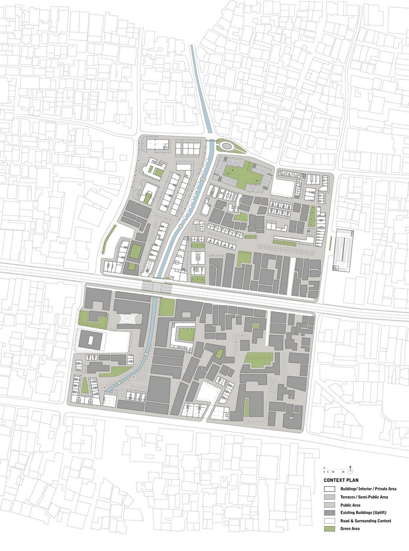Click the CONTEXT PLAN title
[x=341, y=480]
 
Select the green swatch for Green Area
[x=329, y=529]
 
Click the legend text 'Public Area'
[x=350, y=505]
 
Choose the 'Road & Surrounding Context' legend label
[x=366, y=521]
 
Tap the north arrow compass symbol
[x=350, y=469]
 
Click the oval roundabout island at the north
[x=227, y=146]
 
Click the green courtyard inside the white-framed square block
[x=186, y=333]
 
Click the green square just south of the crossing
[x=167, y=306]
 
